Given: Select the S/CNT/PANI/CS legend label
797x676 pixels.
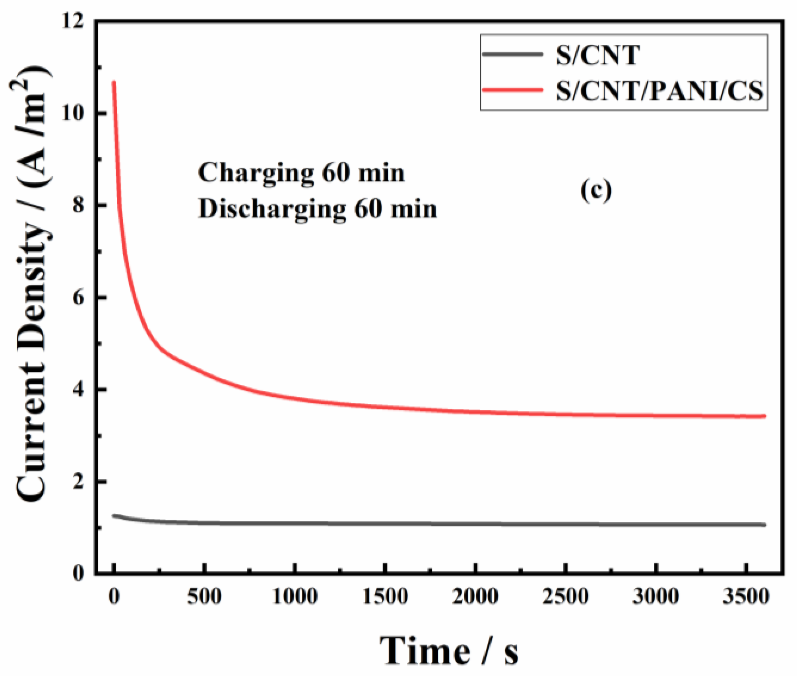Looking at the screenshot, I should pos(659,91).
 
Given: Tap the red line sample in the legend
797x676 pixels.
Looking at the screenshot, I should pos(513,90).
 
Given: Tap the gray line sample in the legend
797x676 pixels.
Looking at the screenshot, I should pos(513,54).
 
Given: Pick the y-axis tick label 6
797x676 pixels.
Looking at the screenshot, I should pos(78,298).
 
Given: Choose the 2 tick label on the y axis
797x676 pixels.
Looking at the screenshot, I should pos(78,482).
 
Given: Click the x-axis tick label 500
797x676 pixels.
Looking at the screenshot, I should pos(204,597).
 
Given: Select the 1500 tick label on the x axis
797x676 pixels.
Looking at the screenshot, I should pos(385,597).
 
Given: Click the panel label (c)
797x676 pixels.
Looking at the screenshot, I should pos(596,191).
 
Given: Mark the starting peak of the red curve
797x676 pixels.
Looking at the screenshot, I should pos(114,82).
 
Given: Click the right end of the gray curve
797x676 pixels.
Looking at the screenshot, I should pos(764,525).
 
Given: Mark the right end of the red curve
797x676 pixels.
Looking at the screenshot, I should pos(764,416).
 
